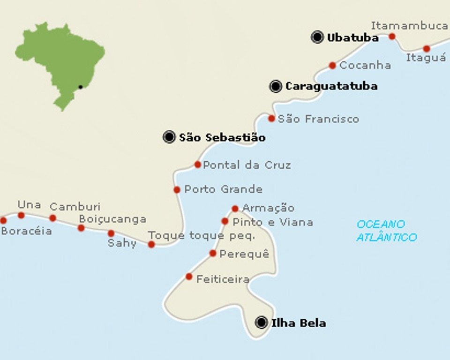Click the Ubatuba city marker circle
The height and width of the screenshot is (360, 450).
coord(317,37)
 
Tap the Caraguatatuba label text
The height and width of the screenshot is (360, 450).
coord(331,86)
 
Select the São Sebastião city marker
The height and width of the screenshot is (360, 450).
coord(169,137)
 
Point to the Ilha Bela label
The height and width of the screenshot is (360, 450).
coord(298,323)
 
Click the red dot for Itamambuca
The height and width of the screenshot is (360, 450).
coord(392,37)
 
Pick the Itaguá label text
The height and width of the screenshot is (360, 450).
coord(426,58)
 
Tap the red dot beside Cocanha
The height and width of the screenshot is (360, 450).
coord(332,66)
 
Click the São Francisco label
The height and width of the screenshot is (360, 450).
coord(318,119)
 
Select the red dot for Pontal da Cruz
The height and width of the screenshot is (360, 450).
coord(198,165)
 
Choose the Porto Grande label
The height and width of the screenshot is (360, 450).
coord(223,190)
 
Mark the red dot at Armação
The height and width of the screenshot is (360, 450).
coord(235,209)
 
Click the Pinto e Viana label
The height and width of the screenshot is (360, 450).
coord(272,222)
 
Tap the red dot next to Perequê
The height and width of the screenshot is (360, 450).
coord(213,253)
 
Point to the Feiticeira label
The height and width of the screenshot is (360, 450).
coord(223,279)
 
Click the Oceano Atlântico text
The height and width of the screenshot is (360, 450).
coord(386,231)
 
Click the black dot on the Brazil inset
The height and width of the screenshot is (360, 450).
coord(81,87)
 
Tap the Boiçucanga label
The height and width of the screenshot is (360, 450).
coord(112,219)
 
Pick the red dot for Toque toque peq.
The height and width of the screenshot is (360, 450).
coord(151,244)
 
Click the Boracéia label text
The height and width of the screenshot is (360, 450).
coord(26,231)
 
